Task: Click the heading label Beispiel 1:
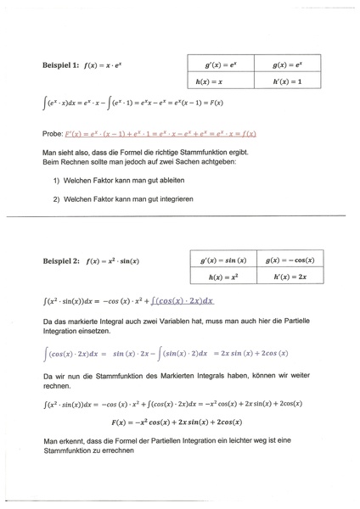tap(62, 64)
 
